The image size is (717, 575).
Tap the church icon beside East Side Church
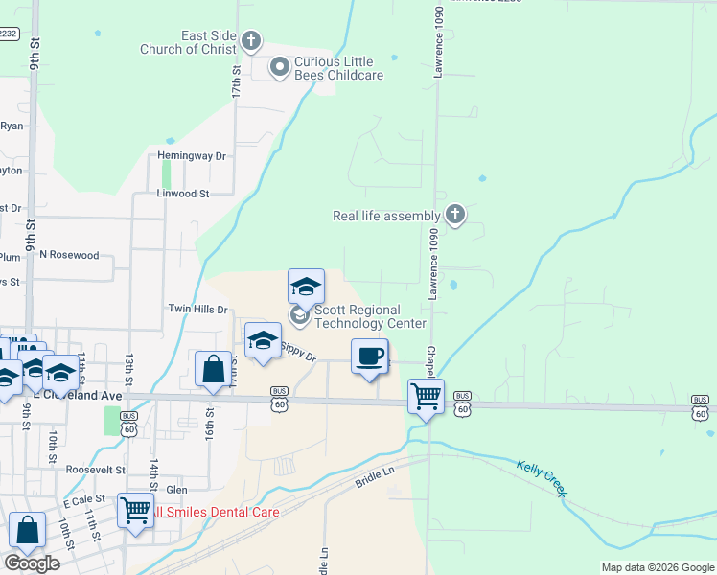[251, 40]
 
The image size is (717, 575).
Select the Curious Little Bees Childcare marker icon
[279, 66]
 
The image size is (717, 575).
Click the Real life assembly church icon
[455, 216]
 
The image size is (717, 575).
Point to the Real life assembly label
[385, 217]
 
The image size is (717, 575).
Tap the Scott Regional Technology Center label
[370, 316]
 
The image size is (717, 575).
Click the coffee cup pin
[370, 357]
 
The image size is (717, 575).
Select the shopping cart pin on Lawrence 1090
[426, 395]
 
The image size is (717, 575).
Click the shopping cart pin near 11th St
[136, 510]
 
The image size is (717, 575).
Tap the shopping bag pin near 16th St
[213, 369]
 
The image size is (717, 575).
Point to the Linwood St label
[182, 194]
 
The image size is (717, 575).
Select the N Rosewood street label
[69, 255]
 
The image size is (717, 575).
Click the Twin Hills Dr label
[198, 310]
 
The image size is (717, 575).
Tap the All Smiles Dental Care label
[214, 513]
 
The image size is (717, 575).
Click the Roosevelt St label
[96, 470]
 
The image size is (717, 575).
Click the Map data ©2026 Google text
[657, 567]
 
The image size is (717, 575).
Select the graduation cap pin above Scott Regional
[306, 286]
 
